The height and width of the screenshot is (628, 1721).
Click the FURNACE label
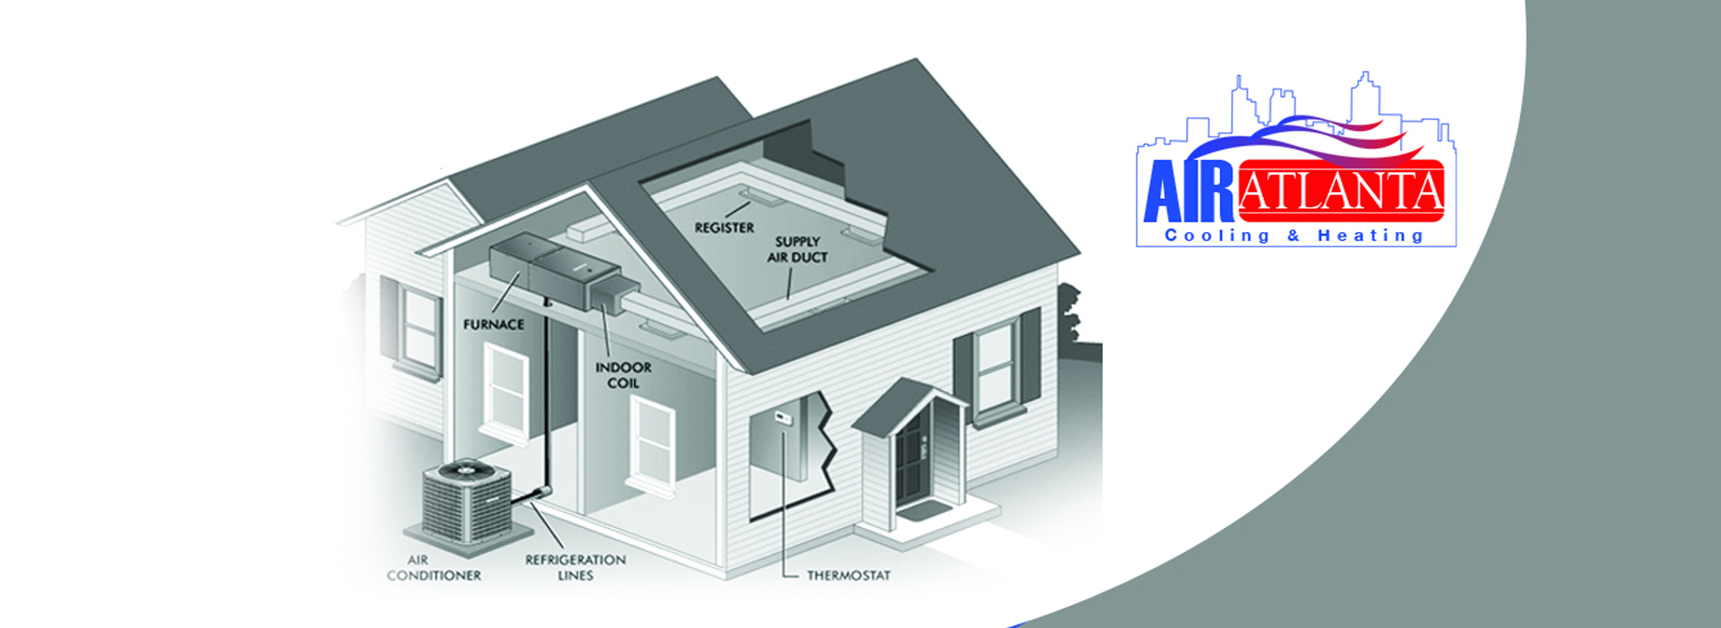[493, 325]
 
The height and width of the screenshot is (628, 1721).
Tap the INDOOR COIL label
[623, 375]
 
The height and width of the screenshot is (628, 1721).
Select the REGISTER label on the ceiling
[724, 228]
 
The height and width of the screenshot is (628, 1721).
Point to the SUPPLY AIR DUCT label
[797, 249]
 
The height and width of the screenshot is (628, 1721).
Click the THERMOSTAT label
[848, 575]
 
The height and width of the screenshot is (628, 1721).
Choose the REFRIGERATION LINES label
[575, 567]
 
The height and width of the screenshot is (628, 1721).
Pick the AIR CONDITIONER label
[434, 567]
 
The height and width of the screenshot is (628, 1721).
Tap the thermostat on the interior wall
[783, 418]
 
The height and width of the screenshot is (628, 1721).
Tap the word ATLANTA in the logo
[1341, 191]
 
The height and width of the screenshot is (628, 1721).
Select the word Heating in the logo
[1370, 236]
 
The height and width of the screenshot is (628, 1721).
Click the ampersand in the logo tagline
[1293, 236]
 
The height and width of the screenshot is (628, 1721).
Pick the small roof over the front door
[909, 406]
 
